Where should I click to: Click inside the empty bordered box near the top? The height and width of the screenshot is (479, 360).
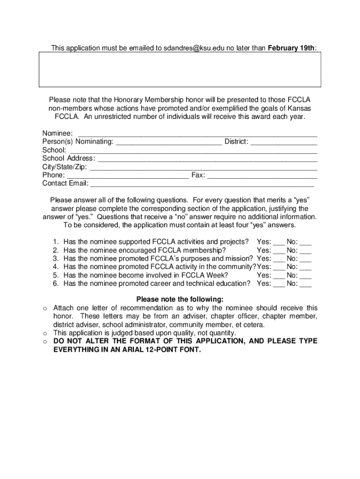pos(180,69)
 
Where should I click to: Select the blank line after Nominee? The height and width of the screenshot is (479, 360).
pos(197,134)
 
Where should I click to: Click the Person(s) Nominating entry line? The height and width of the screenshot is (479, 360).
pos(168,143)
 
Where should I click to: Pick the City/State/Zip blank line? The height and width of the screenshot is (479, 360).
pos(203,168)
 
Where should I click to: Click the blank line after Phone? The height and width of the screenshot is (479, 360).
pos(128,176)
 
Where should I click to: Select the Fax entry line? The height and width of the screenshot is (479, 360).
pos(262,176)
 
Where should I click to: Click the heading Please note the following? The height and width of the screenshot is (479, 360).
pos(180,299)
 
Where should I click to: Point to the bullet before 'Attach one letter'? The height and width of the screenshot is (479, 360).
pos(44,308)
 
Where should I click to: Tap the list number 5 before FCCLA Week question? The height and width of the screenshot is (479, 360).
pos(55,275)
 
